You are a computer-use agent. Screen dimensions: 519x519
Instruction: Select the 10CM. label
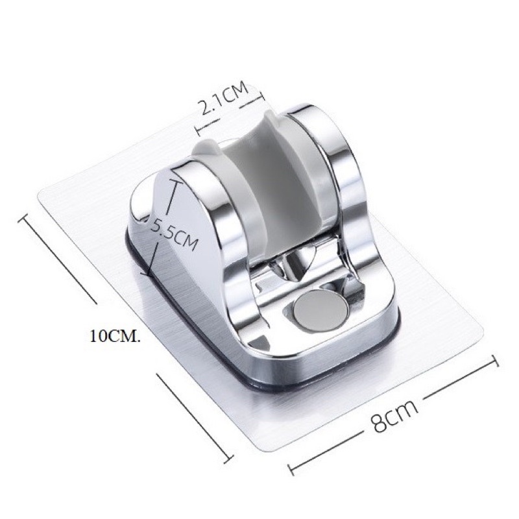(114, 337)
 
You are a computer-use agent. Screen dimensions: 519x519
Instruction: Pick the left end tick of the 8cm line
(292, 468)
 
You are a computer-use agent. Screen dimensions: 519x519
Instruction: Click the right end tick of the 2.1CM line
(261, 95)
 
